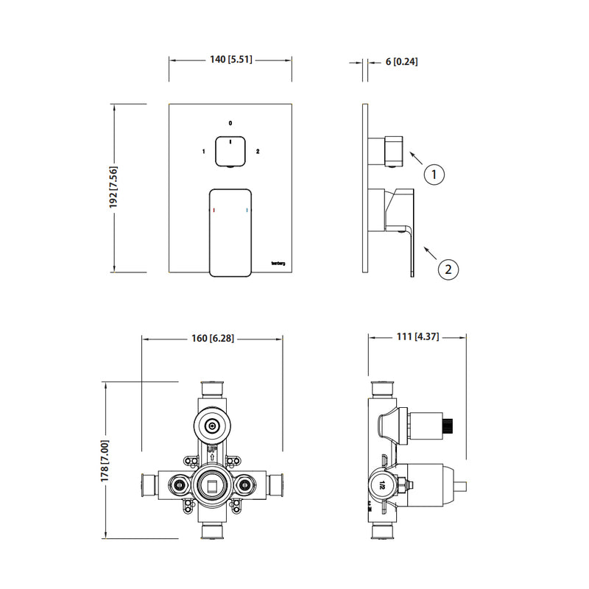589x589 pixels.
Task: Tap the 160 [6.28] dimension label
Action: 212,339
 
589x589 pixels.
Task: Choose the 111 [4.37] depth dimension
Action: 417,337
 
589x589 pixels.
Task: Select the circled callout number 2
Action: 448,269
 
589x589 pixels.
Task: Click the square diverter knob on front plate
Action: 230,152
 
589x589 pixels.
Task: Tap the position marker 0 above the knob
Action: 230,123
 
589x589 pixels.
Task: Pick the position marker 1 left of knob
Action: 202,152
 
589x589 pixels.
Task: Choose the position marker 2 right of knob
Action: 257,152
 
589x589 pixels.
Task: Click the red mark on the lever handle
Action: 213,212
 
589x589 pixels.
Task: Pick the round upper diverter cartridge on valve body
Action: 212,425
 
